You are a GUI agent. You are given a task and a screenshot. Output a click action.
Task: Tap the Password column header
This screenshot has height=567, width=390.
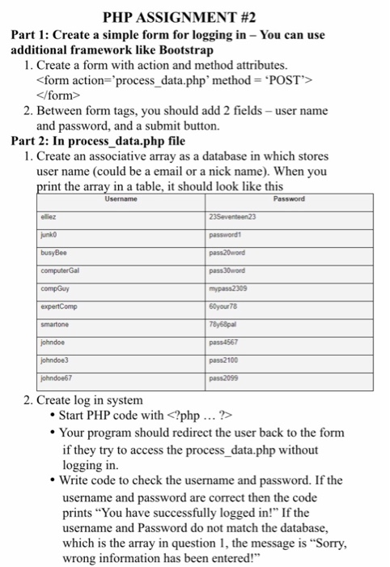click(290, 199)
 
